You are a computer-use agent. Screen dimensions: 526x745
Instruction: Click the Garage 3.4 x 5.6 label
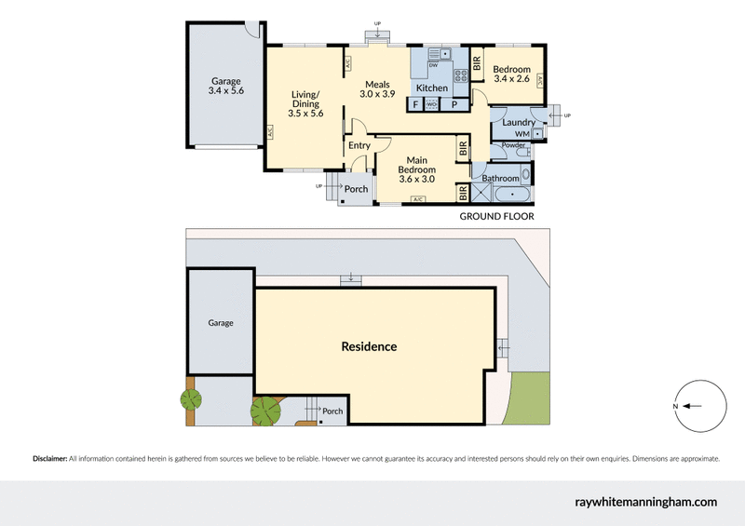[226, 86]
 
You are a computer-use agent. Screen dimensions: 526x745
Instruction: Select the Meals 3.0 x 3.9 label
[377, 89]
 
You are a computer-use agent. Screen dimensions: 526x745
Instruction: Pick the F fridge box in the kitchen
[415, 104]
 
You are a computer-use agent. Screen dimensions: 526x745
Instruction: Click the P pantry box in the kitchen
[454, 104]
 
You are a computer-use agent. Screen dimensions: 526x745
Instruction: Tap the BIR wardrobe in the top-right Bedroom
[477, 62]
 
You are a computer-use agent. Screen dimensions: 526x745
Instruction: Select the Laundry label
[519, 123]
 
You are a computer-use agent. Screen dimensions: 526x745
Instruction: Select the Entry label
[359, 145]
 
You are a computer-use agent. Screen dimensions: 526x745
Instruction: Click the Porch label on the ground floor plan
[357, 189]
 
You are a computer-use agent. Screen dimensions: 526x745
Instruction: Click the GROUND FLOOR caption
[497, 216]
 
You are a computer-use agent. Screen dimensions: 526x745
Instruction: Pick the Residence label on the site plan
[369, 346]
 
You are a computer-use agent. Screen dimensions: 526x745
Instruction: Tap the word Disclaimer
[50, 459]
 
